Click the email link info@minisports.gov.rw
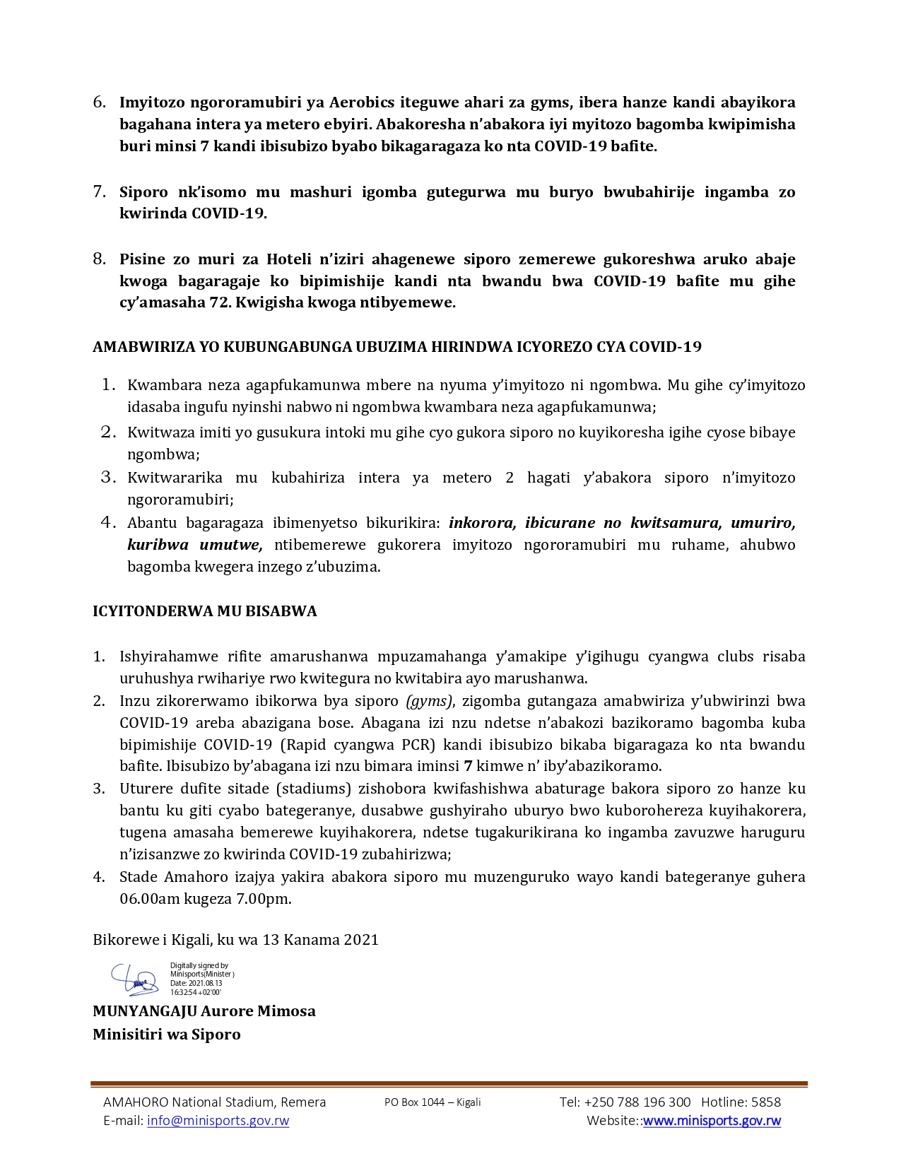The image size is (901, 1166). pos(218,1121)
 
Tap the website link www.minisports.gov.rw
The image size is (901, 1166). pos(712,1121)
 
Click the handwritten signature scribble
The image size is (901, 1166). pos(134,979)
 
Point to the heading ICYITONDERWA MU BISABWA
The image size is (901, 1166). pos(204,611)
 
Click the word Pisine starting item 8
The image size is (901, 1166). pos(141,259)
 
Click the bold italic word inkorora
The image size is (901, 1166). pos(482,523)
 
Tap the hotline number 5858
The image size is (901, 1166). pos(766,1102)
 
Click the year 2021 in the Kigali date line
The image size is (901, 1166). pos(361,940)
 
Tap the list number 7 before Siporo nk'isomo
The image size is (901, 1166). pos(100,192)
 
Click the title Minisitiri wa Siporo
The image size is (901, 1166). pos(167,1035)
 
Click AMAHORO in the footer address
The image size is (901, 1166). pos(136,1102)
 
